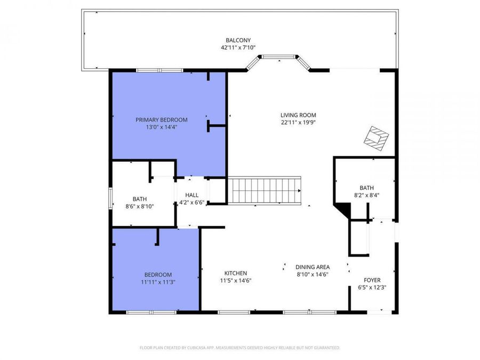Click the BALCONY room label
tap(238, 40)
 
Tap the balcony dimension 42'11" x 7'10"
tap(238, 47)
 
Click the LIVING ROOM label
tap(298, 115)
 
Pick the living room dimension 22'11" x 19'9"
tap(298, 122)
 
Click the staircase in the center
tap(265, 190)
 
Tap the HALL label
tap(191, 195)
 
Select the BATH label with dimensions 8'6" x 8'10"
tap(139, 199)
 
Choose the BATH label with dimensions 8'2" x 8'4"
tap(366, 188)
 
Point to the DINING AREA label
tap(313, 267)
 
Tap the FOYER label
tap(372, 280)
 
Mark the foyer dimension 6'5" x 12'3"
tap(372, 287)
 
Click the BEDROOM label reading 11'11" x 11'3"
tap(157, 275)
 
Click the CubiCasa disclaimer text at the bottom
tap(239, 348)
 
